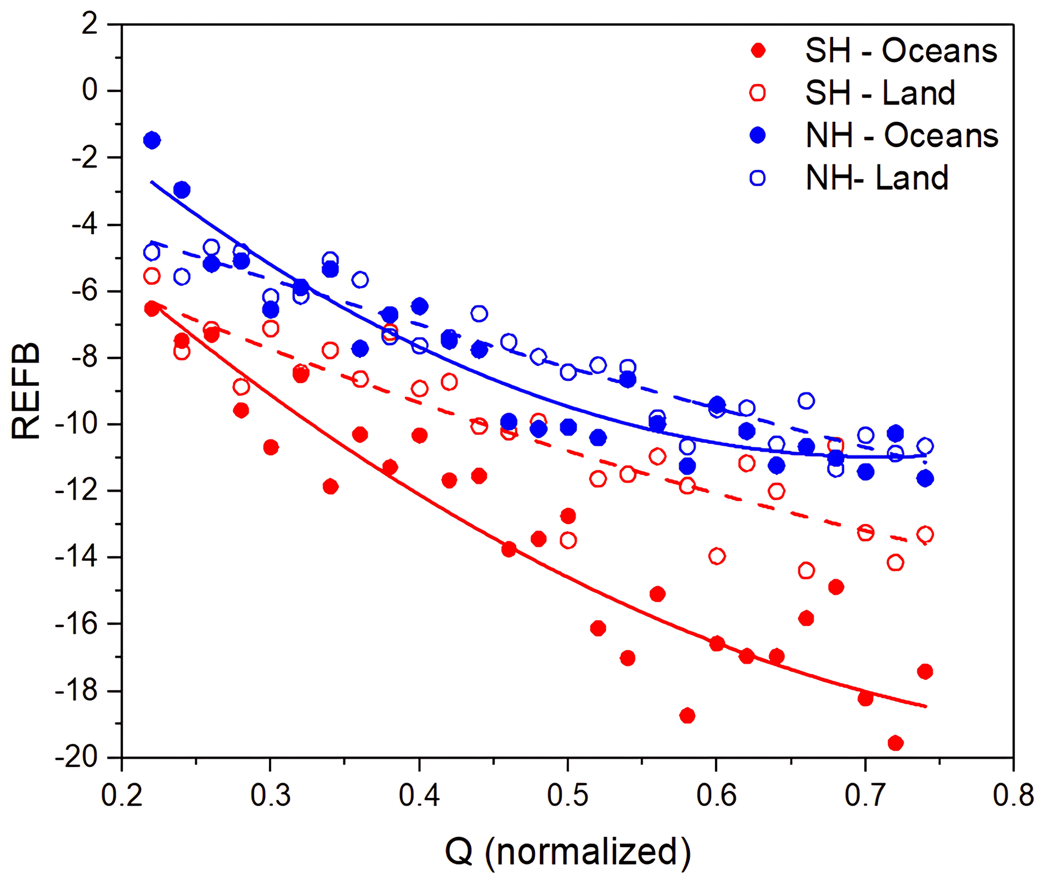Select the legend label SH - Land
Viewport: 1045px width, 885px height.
[880, 93]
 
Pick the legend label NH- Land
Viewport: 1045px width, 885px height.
[877, 178]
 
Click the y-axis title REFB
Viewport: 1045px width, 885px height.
[25, 390]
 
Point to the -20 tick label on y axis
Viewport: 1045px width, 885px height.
[76, 758]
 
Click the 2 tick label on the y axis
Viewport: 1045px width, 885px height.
[89, 24]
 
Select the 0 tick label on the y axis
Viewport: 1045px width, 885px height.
[89, 91]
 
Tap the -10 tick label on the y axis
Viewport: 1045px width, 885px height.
[76, 424]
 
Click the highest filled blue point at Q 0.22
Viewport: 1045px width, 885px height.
[152, 140]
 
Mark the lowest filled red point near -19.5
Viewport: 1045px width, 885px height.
[895, 743]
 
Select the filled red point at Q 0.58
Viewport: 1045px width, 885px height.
[687, 716]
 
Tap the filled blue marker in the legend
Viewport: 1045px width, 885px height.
[757, 135]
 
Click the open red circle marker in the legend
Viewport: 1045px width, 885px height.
[757, 93]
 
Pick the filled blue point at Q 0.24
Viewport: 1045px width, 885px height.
[181, 190]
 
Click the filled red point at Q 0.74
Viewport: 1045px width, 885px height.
[925, 672]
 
